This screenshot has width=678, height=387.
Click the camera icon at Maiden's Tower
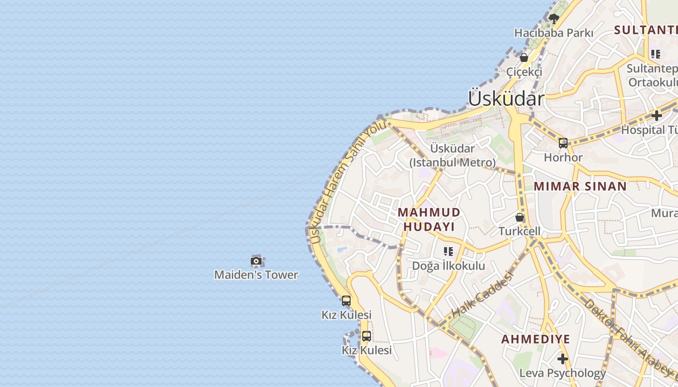click(256, 261)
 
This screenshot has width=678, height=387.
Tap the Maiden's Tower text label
click(256, 275)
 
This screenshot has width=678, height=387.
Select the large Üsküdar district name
click(506, 99)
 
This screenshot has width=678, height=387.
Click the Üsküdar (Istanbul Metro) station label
click(453, 155)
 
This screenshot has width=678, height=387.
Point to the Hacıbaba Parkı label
click(554, 33)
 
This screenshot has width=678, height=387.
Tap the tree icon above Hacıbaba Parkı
click(554, 19)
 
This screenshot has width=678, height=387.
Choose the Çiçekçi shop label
click(524, 72)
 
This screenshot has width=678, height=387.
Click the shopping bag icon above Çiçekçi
click(524, 58)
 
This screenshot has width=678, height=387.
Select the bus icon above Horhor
click(563, 143)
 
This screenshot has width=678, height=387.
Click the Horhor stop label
click(563, 157)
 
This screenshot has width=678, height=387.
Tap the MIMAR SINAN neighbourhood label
click(580, 186)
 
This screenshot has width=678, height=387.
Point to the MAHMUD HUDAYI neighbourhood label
click(429, 219)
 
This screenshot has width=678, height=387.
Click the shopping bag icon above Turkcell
click(520, 217)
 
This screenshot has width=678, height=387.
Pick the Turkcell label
click(520, 231)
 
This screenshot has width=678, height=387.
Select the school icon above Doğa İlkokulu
click(448, 252)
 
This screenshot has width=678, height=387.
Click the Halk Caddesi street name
click(482, 294)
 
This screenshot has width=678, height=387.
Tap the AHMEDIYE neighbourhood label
click(536, 339)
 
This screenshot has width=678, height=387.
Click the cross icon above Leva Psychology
click(562, 359)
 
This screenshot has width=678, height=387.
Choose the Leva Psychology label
click(562, 373)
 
